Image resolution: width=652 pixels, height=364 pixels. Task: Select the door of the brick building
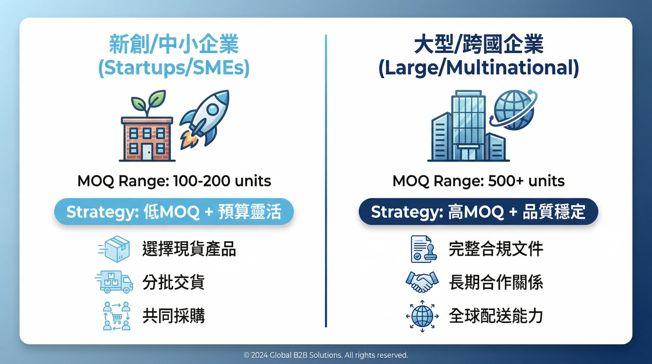[x=147, y=152]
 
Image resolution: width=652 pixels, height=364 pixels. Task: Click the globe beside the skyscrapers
[x=514, y=110]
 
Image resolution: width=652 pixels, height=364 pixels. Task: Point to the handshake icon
[x=422, y=282]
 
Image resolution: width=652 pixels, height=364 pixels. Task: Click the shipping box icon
[x=116, y=249]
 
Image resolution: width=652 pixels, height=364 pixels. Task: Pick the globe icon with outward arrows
[x=422, y=316]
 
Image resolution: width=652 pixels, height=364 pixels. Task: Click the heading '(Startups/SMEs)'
[x=174, y=68]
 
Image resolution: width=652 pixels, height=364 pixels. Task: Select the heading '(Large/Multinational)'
[x=479, y=68]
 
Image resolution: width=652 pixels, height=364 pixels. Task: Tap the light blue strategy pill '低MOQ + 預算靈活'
[x=174, y=212]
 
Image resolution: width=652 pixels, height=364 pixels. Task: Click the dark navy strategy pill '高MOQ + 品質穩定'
[x=478, y=212]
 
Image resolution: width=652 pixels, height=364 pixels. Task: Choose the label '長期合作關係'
[x=496, y=282]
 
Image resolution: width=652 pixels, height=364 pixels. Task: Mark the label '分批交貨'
[x=174, y=282]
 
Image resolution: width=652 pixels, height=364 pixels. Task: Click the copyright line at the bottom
[x=326, y=355]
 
